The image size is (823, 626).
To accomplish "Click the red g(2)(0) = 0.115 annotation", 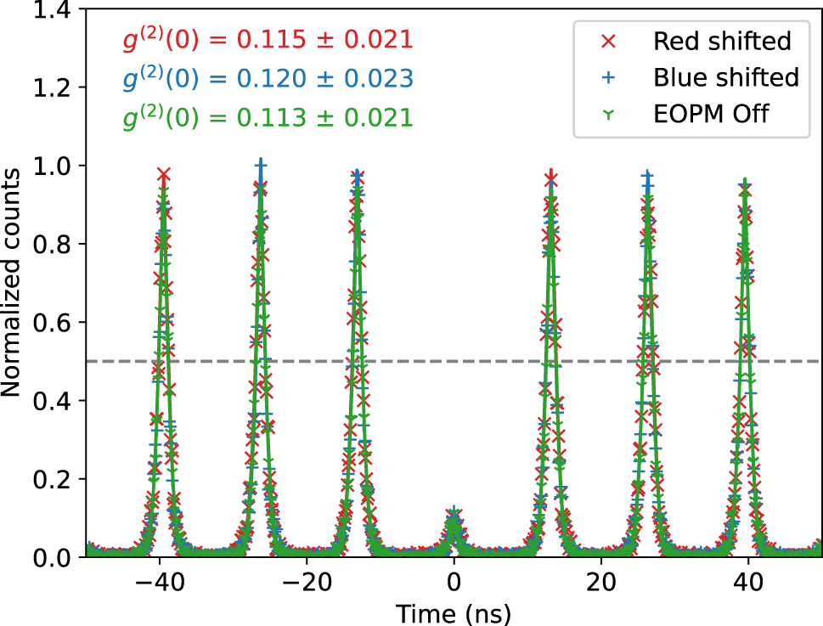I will point(265,39).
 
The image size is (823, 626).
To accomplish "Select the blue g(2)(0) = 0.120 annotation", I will point(265,78).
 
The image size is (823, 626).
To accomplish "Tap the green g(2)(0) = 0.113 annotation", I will point(265,117).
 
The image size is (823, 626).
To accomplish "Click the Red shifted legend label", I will point(722,40).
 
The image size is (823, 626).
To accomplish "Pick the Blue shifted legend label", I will point(726,76).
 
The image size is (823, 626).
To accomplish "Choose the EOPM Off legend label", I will point(711,113).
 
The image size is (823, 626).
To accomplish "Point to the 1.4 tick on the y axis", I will point(57,10).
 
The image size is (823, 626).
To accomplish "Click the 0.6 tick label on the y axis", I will point(57,323).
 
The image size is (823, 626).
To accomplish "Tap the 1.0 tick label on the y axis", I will point(57,166).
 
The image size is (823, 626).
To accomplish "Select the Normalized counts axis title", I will point(12,282).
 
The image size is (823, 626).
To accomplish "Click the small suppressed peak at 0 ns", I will point(454,518).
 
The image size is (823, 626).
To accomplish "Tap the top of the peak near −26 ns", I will point(261,166).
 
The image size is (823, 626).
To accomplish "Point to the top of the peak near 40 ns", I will point(746,183).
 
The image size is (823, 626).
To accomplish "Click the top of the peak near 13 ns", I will point(552,177).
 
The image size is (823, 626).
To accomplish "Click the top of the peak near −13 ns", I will point(358,177).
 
